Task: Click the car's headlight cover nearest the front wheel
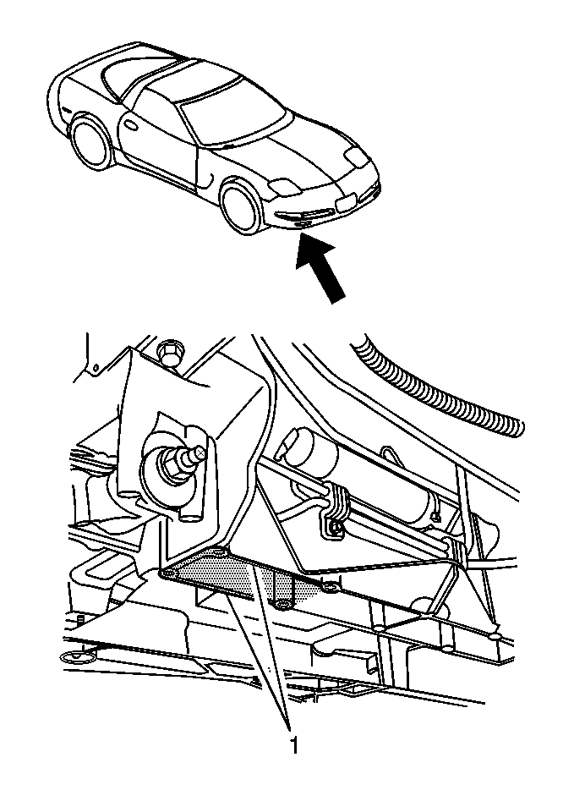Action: coord(281,186)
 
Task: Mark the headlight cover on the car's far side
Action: coord(357,157)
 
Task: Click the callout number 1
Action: coord(294,746)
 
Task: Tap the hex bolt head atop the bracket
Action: coord(168,354)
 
